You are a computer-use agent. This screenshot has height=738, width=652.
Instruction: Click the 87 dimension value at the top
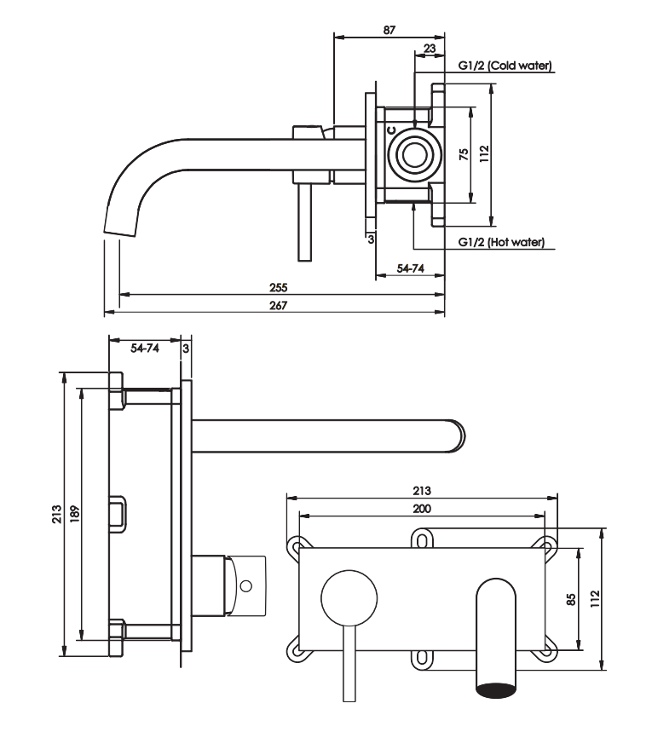pyautogui.click(x=389, y=30)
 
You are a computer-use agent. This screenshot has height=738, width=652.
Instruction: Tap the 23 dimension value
pyautogui.click(x=430, y=48)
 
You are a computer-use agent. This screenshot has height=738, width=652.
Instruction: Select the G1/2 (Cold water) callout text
pyautogui.click(x=505, y=66)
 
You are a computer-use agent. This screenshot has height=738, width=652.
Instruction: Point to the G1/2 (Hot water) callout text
pyautogui.click(x=501, y=242)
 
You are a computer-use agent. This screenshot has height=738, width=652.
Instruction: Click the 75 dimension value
pyautogui.click(x=464, y=154)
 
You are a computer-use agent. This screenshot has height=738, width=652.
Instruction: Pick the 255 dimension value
pyautogui.click(x=278, y=287)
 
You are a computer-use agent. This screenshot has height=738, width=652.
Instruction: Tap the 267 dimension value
pyautogui.click(x=278, y=305)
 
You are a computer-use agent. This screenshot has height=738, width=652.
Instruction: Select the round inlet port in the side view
pyautogui.click(x=415, y=154)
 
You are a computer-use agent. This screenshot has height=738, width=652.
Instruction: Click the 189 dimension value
pyautogui.click(x=74, y=514)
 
